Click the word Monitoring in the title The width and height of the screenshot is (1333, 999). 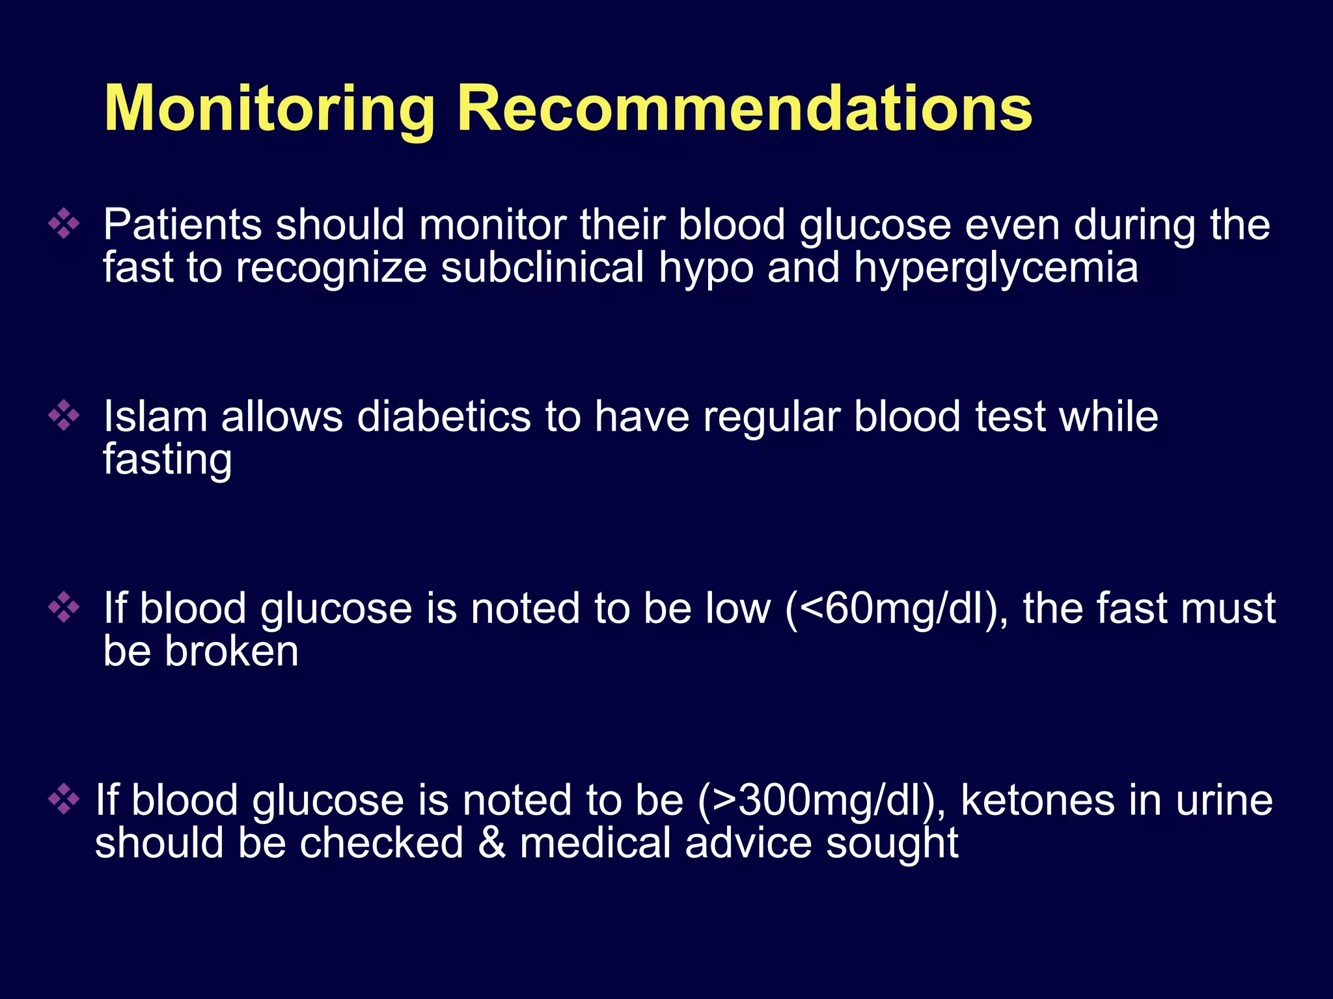point(269,109)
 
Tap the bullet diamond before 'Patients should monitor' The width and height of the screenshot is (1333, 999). point(64,224)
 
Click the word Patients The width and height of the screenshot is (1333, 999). point(182,225)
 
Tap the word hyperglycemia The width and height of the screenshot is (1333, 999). point(996,268)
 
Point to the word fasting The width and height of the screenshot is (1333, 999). point(167,460)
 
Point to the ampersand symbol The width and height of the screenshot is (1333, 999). point(491,843)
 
